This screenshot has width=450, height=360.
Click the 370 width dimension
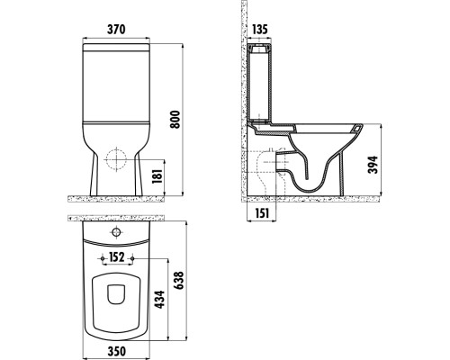pos(114,30)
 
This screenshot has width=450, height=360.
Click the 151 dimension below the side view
pos(261,212)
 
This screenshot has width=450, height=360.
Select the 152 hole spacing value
pos(116,256)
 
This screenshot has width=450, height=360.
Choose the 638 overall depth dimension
pos(182,281)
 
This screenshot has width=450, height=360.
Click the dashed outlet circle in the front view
pos(115,160)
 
